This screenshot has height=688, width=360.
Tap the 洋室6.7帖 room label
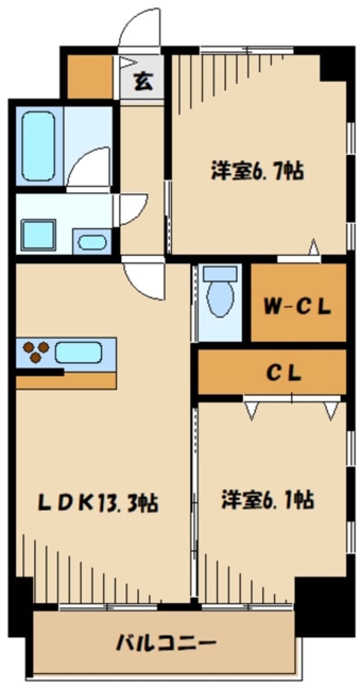point(257,170)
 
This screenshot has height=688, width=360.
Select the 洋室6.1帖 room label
point(267,500)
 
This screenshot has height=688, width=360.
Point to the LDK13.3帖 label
point(98,502)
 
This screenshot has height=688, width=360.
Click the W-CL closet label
point(297,308)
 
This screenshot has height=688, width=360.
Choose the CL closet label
point(284,373)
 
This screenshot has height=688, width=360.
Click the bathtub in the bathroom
point(38,146)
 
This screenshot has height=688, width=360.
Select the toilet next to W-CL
point(220,291)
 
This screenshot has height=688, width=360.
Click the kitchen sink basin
point(78,352)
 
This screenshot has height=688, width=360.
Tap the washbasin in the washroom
point(92,242)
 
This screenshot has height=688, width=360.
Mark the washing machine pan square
point(38,235)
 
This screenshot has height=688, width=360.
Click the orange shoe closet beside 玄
point(90,77)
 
